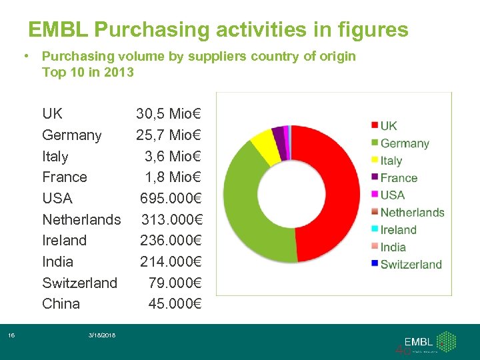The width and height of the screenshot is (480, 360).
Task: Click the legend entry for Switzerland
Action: pyautogui.click(x=411, y=264)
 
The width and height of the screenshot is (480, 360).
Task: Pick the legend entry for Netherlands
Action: pyautogui.click(x=412, y=213)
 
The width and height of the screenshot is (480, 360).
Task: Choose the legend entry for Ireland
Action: pyautogui.click(x=398, y=230)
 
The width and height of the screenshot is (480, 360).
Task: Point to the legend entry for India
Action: pyautogui.click(x=393, y=247)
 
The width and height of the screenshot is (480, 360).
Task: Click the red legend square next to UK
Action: pyautogui.click(x=375, y=125)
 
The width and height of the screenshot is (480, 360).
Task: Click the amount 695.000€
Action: pyautogui.click(x=171, y=198)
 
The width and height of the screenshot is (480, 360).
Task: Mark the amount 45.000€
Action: pyautogui.click(x=175, y=304)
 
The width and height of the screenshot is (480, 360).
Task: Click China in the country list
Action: pyautogui.click(x=61, y=304)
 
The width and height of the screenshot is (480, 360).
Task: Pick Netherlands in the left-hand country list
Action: pyautogui.click(x=81, y=219)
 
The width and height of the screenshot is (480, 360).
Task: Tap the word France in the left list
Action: pyautogui.click(x=64, y=177)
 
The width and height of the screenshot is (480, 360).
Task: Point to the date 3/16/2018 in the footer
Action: pyautogui.click(x=101, y=335)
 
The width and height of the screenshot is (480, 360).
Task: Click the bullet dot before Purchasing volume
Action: pyautogui.click(x=24, y=56)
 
